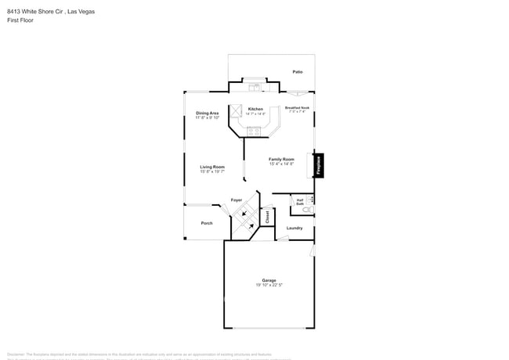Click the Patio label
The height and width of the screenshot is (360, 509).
pos(298,71)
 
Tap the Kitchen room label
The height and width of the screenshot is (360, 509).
pos(255,109)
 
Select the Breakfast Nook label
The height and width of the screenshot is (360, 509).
pos(297,107)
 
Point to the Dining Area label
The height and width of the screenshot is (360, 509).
pos(208,113)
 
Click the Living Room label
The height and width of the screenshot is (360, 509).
pos(211,167)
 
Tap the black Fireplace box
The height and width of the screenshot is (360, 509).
pos(319,164)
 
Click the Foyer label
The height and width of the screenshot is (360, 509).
pos(236,200)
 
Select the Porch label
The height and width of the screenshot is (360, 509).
pos(207,223)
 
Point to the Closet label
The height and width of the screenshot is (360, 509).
pos(266,215)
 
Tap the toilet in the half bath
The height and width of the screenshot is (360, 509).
pos(308,211)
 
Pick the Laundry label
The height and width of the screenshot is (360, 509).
pos(294,228)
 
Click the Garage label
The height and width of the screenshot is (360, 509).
pos(269,280)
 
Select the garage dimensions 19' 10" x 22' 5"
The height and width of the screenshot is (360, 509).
pos(269,286)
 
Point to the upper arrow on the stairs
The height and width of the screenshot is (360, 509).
pos(244,212)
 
